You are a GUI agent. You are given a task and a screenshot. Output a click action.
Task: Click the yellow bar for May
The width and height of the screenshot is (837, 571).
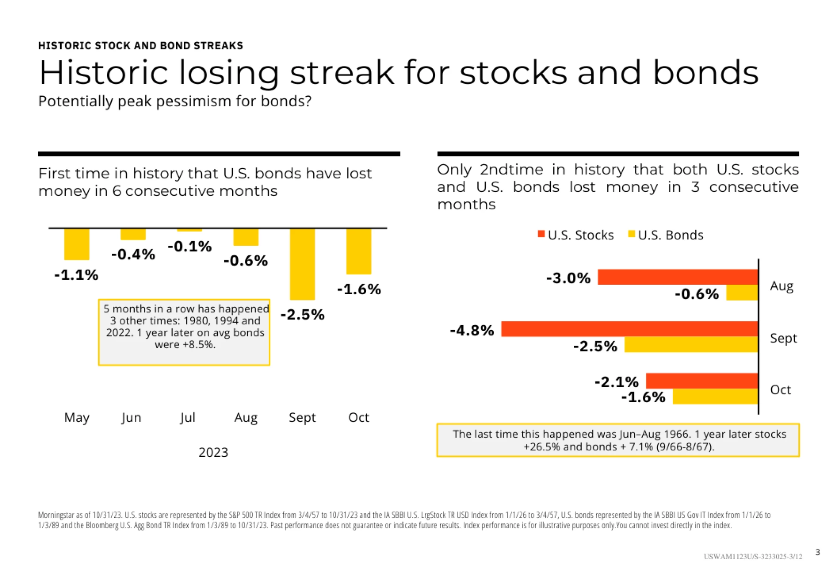(77, 244)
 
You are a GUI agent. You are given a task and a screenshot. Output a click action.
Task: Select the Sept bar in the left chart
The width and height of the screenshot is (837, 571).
(302, 264)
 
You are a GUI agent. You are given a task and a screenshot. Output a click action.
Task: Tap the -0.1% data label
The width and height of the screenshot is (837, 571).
(190, 247)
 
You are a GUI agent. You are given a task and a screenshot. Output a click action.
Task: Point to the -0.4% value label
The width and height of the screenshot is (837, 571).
(133, 255)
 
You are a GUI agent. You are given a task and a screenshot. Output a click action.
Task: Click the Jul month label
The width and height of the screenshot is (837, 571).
(187, 417)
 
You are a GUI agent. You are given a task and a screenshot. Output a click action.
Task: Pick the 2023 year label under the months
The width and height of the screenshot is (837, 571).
(213, 453)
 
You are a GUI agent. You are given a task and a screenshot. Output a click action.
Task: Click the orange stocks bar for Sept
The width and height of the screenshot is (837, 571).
(629, 329)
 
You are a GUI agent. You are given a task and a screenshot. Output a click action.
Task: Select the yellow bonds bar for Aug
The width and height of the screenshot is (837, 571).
(742, 293)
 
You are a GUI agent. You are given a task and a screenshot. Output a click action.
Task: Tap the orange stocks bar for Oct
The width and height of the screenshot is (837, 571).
(702, 381)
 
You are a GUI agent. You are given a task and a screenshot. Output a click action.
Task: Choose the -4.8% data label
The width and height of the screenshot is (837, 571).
(472, 331)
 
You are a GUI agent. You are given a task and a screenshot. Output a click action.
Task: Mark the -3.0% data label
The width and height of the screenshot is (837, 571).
(568, 278)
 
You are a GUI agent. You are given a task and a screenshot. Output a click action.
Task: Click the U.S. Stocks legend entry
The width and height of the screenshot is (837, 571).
(576, 235)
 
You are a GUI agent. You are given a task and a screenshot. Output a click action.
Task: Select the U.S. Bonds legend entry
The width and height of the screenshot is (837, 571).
(666, 235)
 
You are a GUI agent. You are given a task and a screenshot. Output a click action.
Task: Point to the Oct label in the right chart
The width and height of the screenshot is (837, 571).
(781, 390)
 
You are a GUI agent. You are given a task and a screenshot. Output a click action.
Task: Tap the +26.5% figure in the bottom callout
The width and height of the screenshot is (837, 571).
(542, 447)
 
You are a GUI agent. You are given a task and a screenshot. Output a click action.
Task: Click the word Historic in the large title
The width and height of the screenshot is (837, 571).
(103, 73)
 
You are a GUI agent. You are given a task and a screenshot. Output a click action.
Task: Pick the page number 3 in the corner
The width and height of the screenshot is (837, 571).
(817, 552)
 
